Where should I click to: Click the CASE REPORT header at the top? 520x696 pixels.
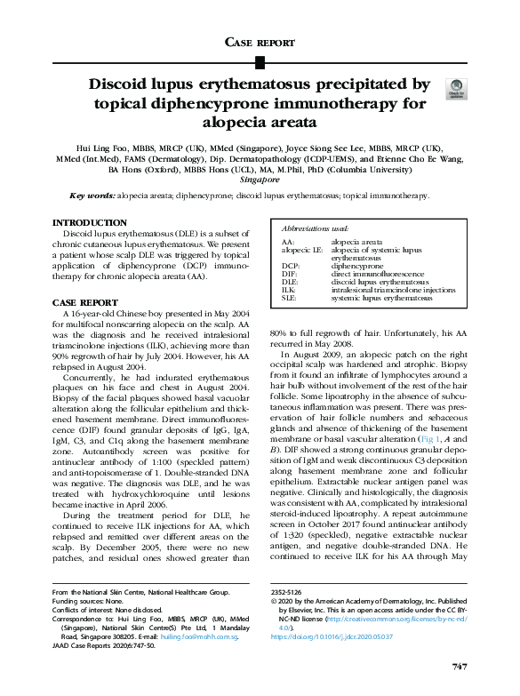coord(260,42)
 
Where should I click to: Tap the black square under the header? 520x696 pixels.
coord(260,61)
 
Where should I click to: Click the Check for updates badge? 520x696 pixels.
coord(457,87)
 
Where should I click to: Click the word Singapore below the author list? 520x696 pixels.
coord(260,179)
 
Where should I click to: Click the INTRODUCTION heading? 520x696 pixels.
coord(89,222)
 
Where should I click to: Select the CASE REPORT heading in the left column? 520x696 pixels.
coord(85,302)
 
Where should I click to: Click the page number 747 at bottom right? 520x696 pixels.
coord(459,667)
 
